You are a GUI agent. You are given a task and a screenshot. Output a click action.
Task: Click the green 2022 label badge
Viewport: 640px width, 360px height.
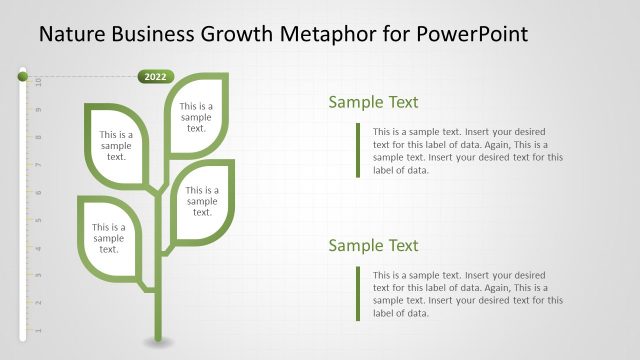155,76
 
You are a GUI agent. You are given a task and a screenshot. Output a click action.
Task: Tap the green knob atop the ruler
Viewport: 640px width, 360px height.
22,74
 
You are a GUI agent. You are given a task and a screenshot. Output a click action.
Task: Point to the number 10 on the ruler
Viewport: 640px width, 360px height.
38,81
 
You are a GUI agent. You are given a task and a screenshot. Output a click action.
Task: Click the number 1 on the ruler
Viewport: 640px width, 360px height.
38,329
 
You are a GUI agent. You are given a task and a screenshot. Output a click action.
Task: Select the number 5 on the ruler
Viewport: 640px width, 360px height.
38,219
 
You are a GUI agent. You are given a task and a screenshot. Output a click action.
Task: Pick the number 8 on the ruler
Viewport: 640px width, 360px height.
38,137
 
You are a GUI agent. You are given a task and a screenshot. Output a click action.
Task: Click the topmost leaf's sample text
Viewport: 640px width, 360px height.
196,116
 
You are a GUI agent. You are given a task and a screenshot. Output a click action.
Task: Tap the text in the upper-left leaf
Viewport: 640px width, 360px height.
116,145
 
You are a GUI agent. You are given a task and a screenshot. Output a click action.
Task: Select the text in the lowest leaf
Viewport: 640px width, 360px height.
109,238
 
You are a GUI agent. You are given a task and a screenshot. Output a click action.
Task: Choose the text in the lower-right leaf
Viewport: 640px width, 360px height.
202,200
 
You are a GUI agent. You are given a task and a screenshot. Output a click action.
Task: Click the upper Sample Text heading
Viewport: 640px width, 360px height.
373,102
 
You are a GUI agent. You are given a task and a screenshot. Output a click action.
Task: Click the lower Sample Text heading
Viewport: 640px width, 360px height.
373,246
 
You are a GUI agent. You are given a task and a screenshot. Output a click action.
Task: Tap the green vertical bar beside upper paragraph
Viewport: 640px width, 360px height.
357,150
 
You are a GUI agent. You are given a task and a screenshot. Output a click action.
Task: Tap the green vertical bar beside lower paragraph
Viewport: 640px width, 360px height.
357,293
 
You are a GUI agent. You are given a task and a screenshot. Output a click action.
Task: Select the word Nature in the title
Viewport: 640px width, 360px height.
74,35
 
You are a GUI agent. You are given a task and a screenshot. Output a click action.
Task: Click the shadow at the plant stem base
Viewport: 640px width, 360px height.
156,343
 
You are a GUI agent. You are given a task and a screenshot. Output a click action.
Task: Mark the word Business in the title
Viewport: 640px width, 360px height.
154,35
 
